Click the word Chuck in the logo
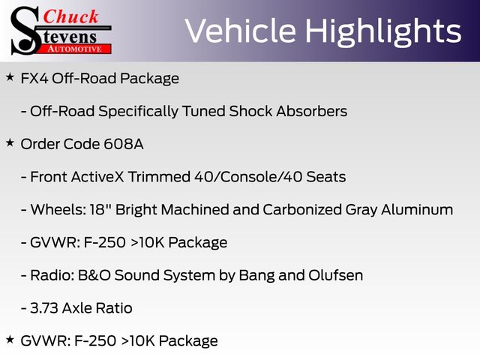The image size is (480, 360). click(70, 16)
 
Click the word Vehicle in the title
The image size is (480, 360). click(241, 31)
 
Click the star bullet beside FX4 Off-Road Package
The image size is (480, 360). click(10, 77)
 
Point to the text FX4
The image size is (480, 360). click(34, 78)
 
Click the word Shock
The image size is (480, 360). click(250, 111)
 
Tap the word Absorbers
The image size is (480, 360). click(312, 111)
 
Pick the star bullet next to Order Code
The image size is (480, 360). click(10, 142)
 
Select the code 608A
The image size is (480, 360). click(124, 144)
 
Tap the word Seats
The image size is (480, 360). click(326, 177)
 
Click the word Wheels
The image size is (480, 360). click(58, 210)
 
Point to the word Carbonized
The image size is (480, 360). click(302, 210)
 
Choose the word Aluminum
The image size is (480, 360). click(417, 210)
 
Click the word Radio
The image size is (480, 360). click(52, 275)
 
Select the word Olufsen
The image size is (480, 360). click(336, 275)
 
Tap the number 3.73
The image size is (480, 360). click(44, 308)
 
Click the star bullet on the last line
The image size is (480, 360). click(10, 339)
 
